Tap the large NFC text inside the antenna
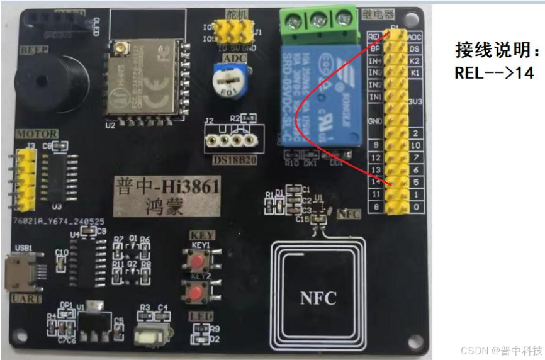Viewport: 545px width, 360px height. (318, 296)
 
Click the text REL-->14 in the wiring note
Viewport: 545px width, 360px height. (494, 72)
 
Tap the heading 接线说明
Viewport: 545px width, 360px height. (498, 50)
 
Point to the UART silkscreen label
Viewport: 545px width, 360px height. (26, 298)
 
